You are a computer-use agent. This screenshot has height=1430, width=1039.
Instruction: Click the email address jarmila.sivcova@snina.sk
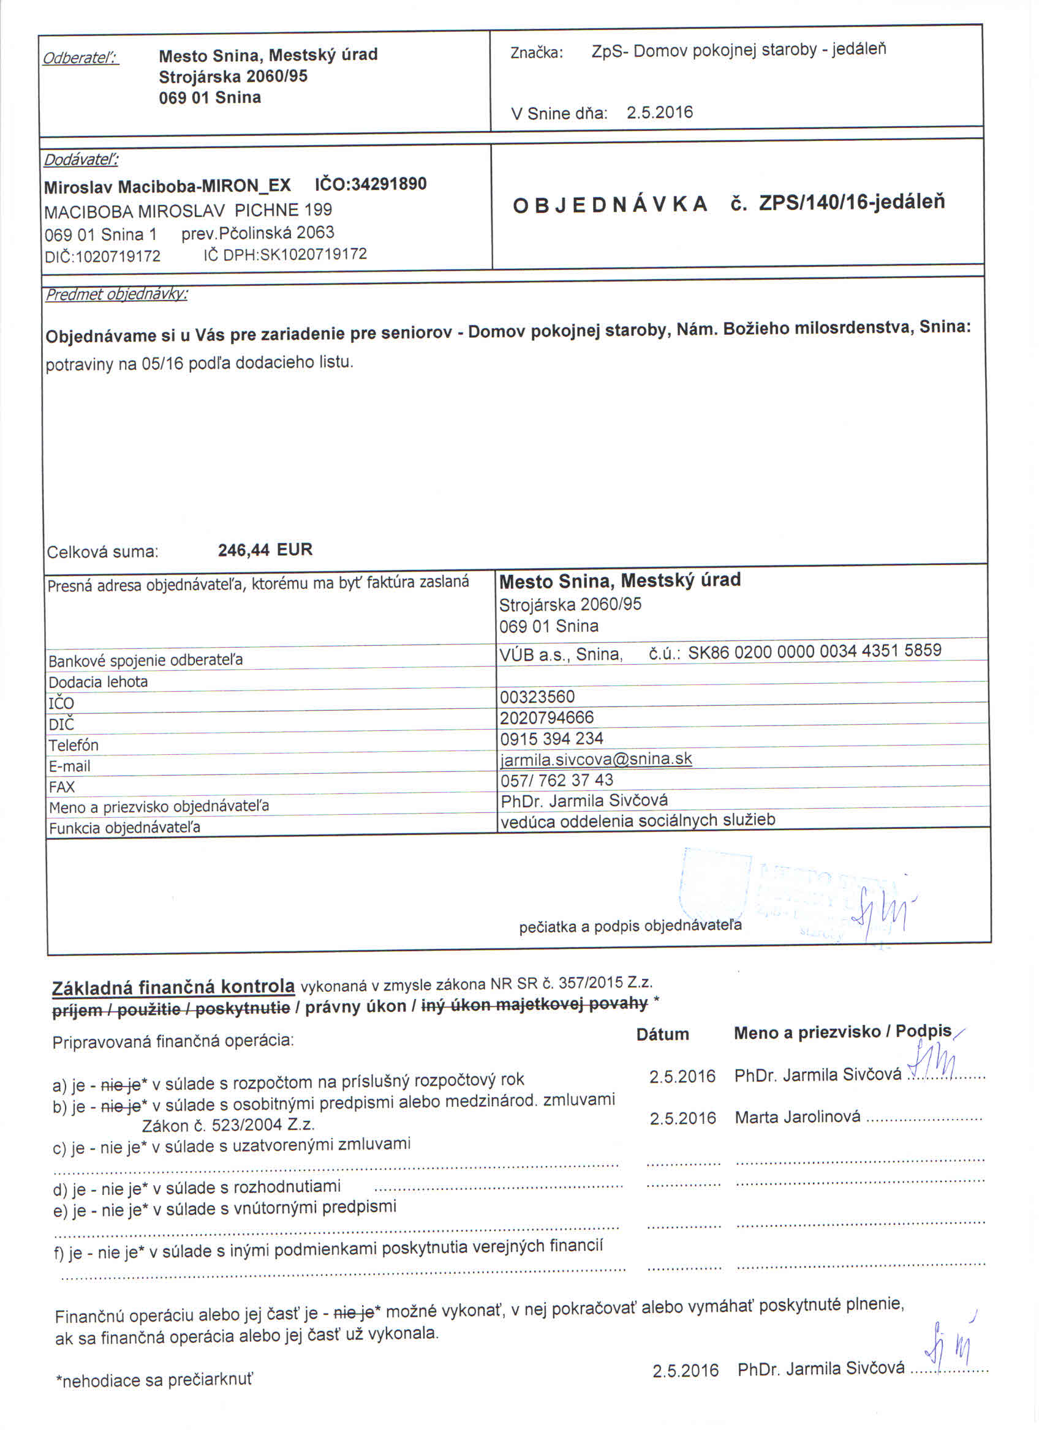(595, 759)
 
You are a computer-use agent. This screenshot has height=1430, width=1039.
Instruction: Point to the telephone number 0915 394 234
(551, 738)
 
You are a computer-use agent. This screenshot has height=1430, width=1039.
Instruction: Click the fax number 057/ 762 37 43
(556, 780)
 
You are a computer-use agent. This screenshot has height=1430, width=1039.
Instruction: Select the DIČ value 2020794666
(546, 717)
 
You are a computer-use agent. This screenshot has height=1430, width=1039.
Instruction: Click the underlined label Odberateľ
(80, 58)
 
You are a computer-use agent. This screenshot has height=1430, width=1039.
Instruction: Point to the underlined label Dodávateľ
(81, 160)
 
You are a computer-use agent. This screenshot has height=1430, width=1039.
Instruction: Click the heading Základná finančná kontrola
(173, 987)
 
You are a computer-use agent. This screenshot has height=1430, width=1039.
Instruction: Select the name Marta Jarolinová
(797, 1117)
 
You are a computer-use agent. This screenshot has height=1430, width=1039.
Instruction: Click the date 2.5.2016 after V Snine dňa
(659, 113)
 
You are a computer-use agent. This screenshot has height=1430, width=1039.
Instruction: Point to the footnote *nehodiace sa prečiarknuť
(154, 1380)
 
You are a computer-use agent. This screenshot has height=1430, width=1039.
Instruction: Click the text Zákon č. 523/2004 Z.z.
(228, 1126)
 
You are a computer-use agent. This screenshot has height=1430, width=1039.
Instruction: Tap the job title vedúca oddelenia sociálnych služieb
(637, 820)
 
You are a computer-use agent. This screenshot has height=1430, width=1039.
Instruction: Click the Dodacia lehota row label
(98, 682)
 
